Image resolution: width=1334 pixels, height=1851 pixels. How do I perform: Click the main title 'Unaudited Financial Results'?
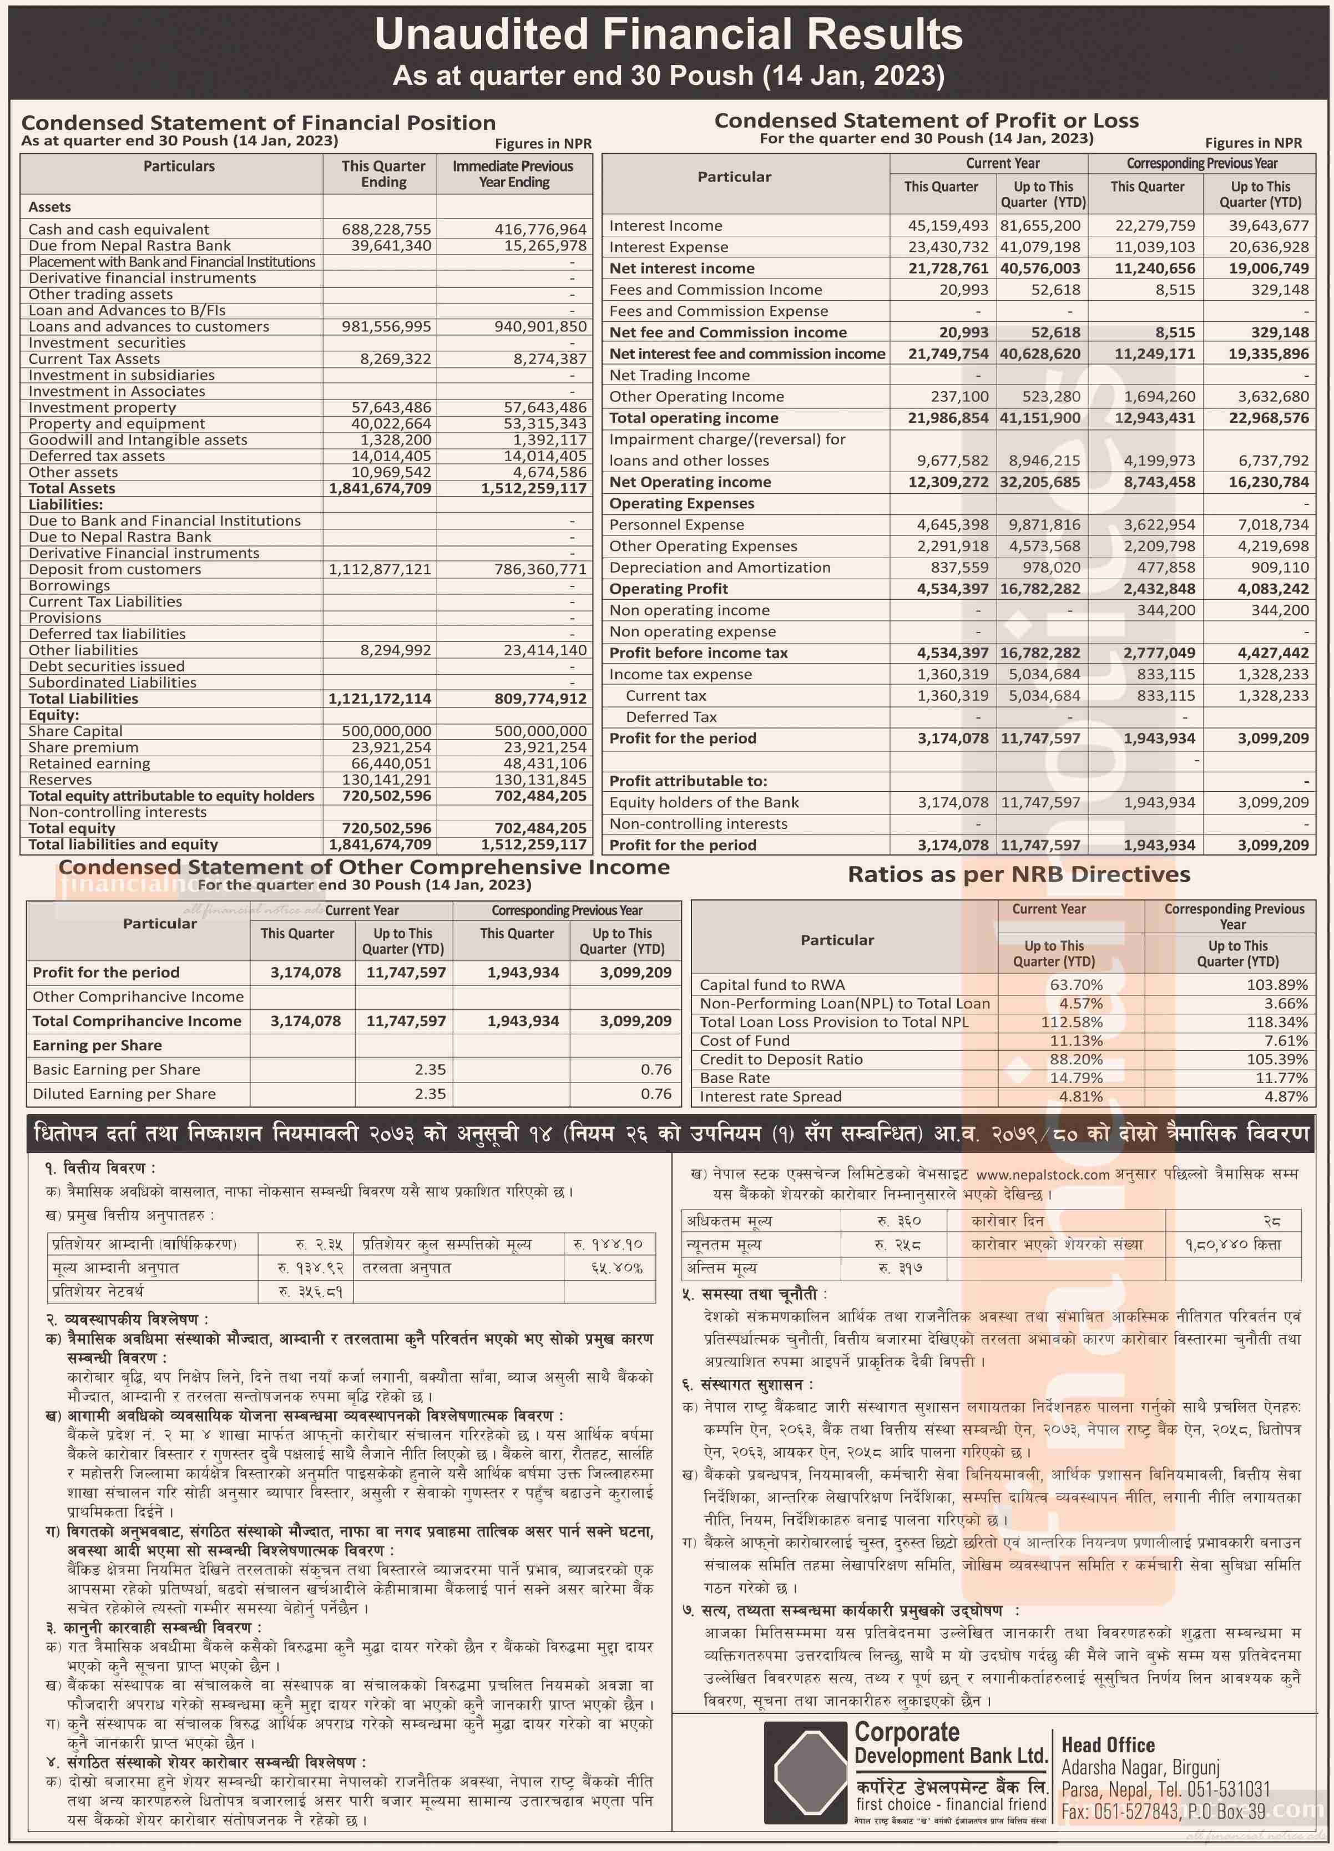coord(668,35)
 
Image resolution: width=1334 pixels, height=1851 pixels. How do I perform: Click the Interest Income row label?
coord(665,226)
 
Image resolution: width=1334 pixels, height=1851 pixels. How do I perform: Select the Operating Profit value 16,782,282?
coord(1039,589)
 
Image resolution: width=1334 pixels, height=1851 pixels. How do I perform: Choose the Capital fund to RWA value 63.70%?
coord(1076,985)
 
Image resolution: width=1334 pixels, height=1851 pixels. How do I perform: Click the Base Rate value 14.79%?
coord(1076,1078)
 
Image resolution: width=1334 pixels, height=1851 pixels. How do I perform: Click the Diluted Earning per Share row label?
coord(124,1094)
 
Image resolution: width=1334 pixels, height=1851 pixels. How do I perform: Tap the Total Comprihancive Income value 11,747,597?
coord(406,1021)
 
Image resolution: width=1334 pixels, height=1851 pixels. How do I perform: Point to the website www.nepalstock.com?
coord(1043,1175)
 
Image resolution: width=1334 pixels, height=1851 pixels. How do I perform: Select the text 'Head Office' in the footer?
coord(1107,1745)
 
